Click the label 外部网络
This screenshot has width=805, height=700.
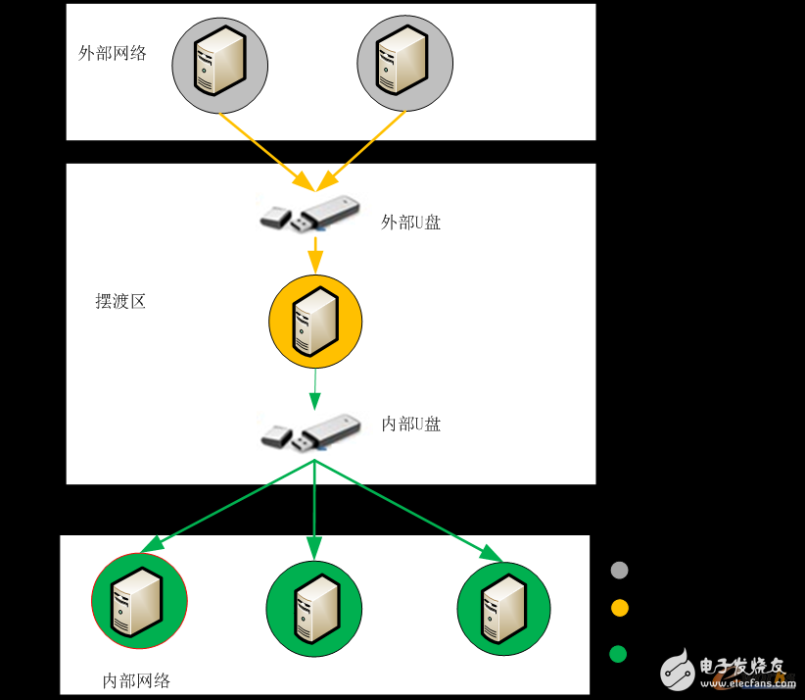point(113,53)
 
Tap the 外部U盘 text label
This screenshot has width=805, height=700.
point(411,223)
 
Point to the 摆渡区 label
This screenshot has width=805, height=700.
point(120,302)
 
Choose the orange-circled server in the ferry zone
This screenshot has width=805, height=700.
point(315,322)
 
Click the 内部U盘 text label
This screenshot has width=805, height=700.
point(411,425)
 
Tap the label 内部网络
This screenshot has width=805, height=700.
point(137,680)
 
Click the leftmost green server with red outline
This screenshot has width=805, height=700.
point(139,601)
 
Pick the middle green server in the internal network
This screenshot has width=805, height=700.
point(313,609)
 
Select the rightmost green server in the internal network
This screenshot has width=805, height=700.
point(504,608)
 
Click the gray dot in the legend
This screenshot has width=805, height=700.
point(619,571)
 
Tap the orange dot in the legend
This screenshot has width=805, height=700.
point(619,608)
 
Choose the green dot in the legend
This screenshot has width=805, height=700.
point(618,654)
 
